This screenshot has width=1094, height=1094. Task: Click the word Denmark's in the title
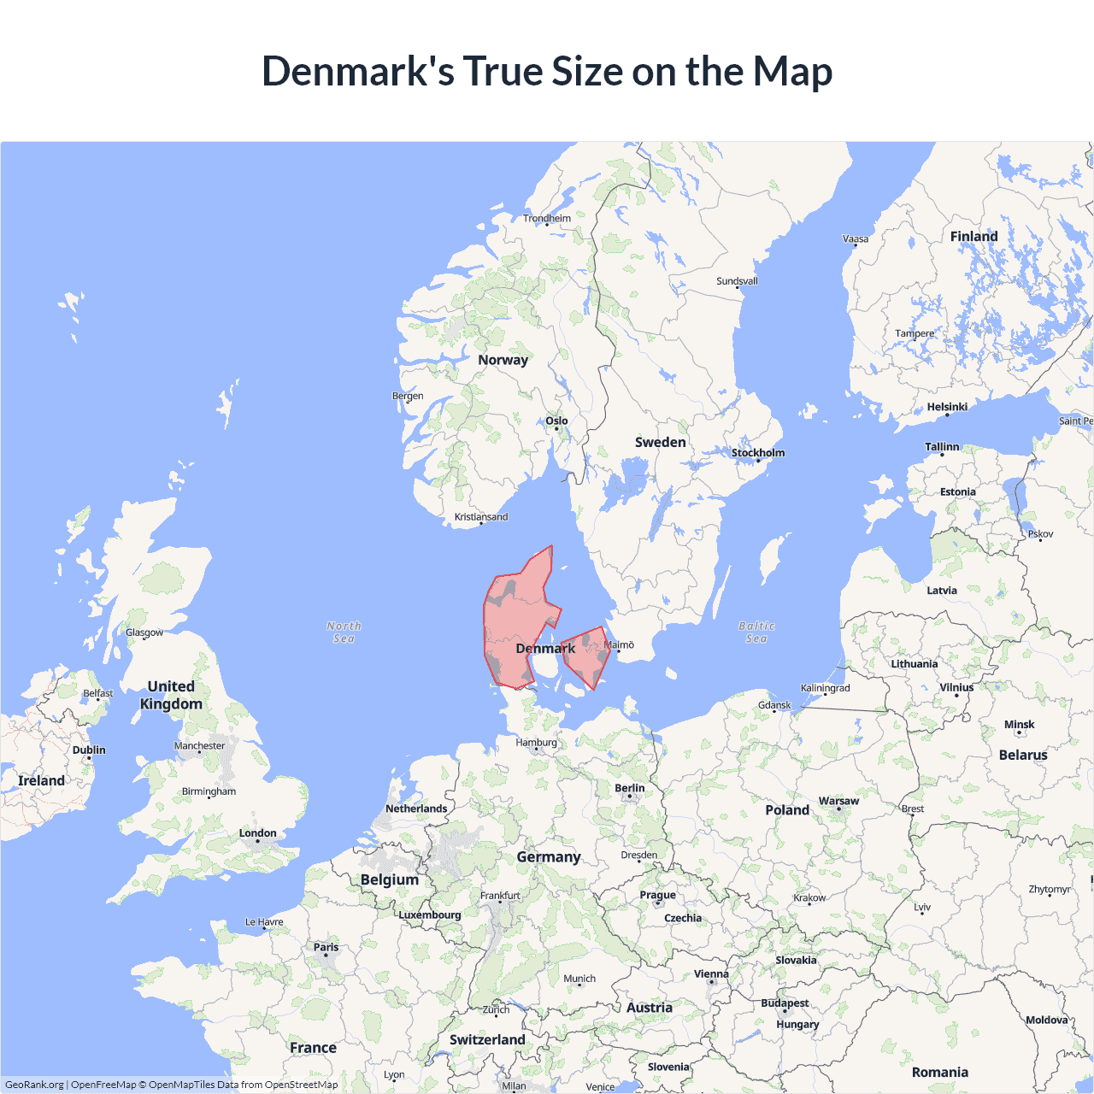click(358, 71)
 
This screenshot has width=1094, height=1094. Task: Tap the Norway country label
click(503, 360)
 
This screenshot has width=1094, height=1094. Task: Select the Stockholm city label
click(757, 453)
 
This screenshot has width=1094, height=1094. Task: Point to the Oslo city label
click(556, 421)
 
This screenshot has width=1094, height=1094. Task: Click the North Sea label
click(344, 632)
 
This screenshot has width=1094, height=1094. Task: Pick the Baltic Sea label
click(756, 632)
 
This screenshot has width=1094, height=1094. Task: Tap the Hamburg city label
click(536, 742)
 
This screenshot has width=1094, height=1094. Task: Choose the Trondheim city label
click(547, 218)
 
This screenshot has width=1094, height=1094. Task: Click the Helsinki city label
click(947, 407)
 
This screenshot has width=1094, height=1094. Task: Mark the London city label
click(257, 832)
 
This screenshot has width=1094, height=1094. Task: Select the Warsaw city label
click(838, 801)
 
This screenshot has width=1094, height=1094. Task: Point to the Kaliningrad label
click(825, 688)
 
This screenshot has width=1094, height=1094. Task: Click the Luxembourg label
click(429, 915)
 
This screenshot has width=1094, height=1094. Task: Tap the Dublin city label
click(89, 750)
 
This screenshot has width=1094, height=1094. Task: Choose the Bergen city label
click(408, 396)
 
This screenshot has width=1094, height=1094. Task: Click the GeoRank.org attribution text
click(34, 1085)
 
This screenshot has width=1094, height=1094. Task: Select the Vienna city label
click(711, 973)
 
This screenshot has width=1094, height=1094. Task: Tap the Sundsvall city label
click(737, 281)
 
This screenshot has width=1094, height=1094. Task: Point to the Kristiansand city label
click(481, 516)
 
